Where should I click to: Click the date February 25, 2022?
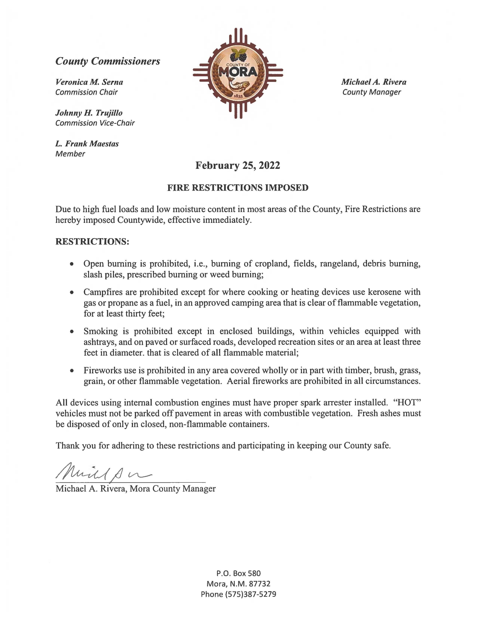238,165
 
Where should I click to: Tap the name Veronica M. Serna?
89,82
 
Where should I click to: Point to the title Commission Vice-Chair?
95,123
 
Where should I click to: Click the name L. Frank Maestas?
87,144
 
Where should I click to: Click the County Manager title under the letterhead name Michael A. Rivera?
372,92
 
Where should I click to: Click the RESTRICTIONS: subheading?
92,242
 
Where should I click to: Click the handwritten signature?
103,473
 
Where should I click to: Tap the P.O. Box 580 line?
238,573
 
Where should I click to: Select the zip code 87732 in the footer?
259,584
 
